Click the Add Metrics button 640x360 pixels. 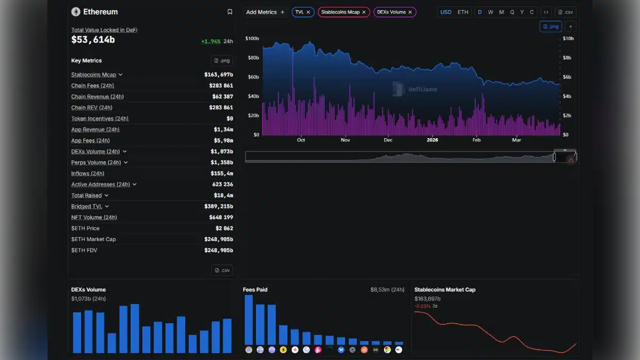[x=265, y=12]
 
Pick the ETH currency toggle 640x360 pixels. [x=463, y=12]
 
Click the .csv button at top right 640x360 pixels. [x=565, y=12]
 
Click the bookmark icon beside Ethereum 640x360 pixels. [x=230, y=12]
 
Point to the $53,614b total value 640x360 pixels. [x=93, y=39]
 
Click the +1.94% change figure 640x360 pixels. [x=211, y=41]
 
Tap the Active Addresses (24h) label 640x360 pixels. [x=101, y=185]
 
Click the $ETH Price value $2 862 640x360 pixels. [x=222, y=228]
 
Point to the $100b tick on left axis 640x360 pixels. [x=252, y=38]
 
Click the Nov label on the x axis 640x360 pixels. [x=345, y=140]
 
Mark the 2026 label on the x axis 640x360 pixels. [x=432, y=140]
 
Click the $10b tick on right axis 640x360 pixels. [x=569, y=38]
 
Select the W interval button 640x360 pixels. [x=490, y=12]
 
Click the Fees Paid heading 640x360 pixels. [x=255, y=290]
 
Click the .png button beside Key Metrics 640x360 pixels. [x=222, y=61]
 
